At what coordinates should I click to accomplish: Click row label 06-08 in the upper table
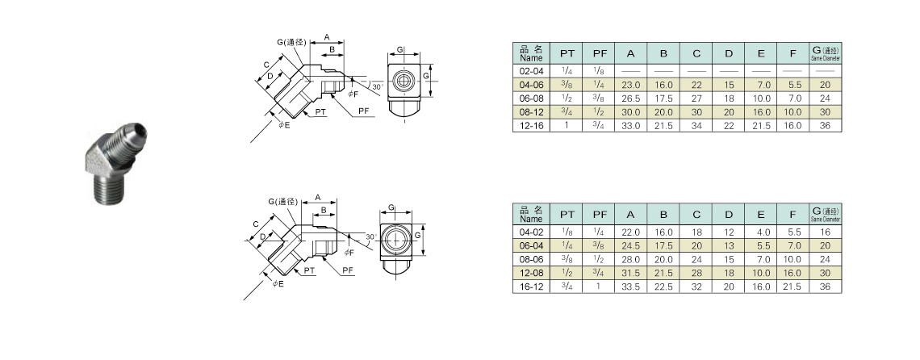[531, 98]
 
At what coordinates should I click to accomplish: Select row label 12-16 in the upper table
[531, 126]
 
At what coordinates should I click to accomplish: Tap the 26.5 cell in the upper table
[631, 98]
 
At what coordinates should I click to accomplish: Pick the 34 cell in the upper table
[696, 126]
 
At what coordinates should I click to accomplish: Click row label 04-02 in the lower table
[531, 232]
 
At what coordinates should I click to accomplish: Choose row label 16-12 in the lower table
[531, 287]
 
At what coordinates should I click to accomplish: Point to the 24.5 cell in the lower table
[631, 245]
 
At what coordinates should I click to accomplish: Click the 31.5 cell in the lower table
[631, 273]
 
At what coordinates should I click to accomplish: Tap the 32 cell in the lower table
[696, 287]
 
